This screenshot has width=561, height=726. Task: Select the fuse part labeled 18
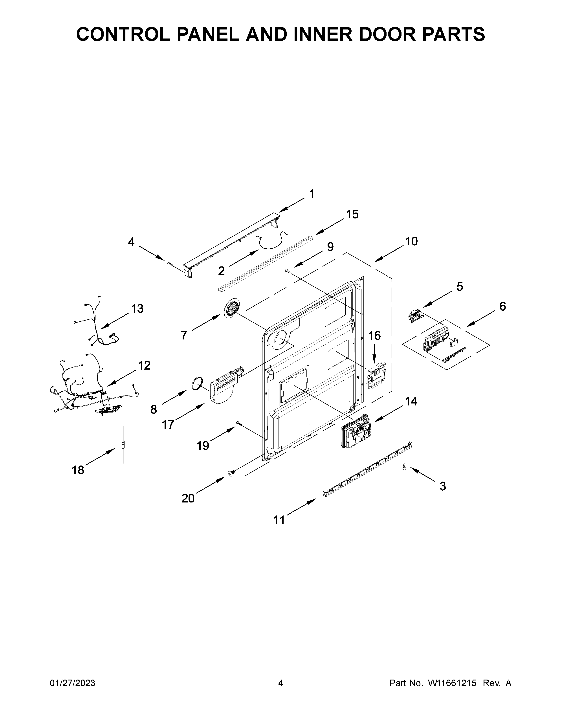[123, 444]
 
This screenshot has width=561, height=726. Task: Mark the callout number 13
[137, 308]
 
